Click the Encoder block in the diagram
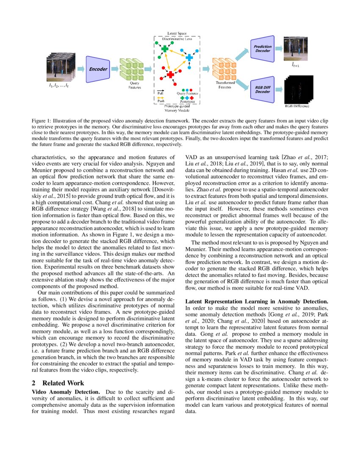[98, 69]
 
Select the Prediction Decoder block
[263, 49]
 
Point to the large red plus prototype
[170, 75]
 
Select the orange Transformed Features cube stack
[224, 68]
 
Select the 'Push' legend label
[161, 102]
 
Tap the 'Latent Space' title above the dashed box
[177, 33]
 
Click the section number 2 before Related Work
[34, 383]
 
